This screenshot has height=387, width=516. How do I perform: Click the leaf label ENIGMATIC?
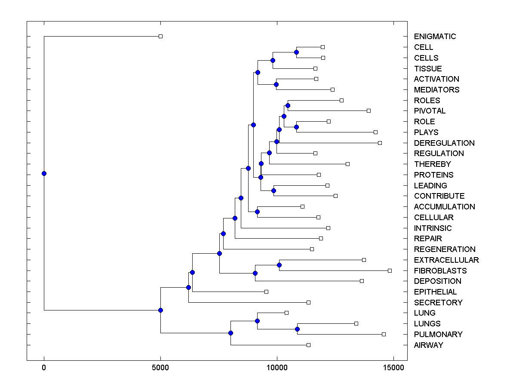tap(435, 37)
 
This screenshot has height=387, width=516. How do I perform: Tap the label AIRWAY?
tap(428, 345)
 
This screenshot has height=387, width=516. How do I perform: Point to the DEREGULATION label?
tap(444, 143)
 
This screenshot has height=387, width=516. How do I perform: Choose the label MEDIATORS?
tap(436, 89)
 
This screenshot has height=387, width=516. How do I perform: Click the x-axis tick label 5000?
tap(160, 368)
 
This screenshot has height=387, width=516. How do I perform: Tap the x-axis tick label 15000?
tap(393, 368)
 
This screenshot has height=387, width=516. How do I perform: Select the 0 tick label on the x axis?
tap(44, 368)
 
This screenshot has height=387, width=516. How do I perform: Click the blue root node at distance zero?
tap(44, 173)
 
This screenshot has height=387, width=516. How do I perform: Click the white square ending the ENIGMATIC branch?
tap(160, 36)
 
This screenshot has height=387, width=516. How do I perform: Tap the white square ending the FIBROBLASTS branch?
tap(390, 270)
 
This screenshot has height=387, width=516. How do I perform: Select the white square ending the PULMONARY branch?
tap(384, 334)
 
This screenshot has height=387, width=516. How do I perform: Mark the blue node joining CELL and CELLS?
tap(296, 52)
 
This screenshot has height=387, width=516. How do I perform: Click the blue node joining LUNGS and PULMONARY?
tap(297, 329)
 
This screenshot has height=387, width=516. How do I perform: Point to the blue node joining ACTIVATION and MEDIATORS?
tap(276, 84)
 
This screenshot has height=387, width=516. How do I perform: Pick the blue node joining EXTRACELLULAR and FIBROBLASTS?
tap(279, 265)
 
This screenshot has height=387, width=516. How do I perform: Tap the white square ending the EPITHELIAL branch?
tap(266, 292)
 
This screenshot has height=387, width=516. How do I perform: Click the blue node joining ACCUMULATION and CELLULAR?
tap(257, 212)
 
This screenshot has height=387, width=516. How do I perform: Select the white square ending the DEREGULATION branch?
tap(380, 143)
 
